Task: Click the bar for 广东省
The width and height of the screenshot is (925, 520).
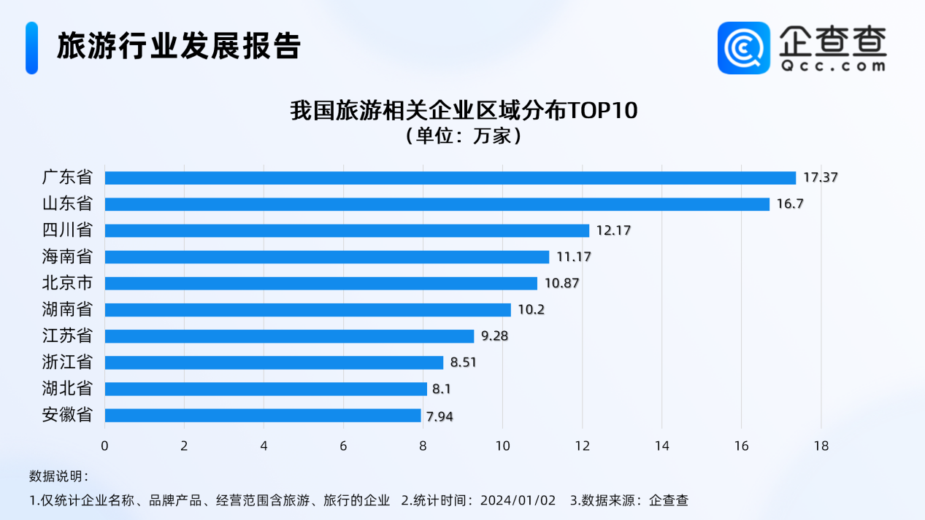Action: tap(450, 178)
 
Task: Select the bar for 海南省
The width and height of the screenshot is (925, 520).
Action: tap(326, 257)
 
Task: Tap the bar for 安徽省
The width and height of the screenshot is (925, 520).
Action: tap(263, 416)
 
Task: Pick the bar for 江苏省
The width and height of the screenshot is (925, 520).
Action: tap(289, 336)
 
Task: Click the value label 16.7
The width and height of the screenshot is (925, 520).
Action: tap(789, 204)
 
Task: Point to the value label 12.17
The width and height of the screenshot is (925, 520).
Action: tap(613, 230)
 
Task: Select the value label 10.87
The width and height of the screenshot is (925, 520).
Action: tap(561, 283)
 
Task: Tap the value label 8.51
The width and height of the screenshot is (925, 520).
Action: tap(464, 362)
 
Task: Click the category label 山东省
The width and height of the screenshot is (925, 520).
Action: tap(67, 204)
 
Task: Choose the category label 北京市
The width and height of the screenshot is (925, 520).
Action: tap(67, 283)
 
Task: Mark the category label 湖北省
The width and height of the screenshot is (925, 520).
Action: tap(67, 389)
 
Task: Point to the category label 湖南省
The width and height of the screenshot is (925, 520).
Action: tap(67, 309)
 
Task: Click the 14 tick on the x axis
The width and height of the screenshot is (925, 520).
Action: tap(661, 446)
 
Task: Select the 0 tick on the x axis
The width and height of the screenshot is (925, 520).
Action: tap(105, 446)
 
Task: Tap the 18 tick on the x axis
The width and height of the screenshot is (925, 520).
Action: tap(821, 446)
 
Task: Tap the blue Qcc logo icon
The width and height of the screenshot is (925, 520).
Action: tap(743, 47)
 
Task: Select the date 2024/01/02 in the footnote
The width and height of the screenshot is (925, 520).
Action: tap(520, 500)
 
